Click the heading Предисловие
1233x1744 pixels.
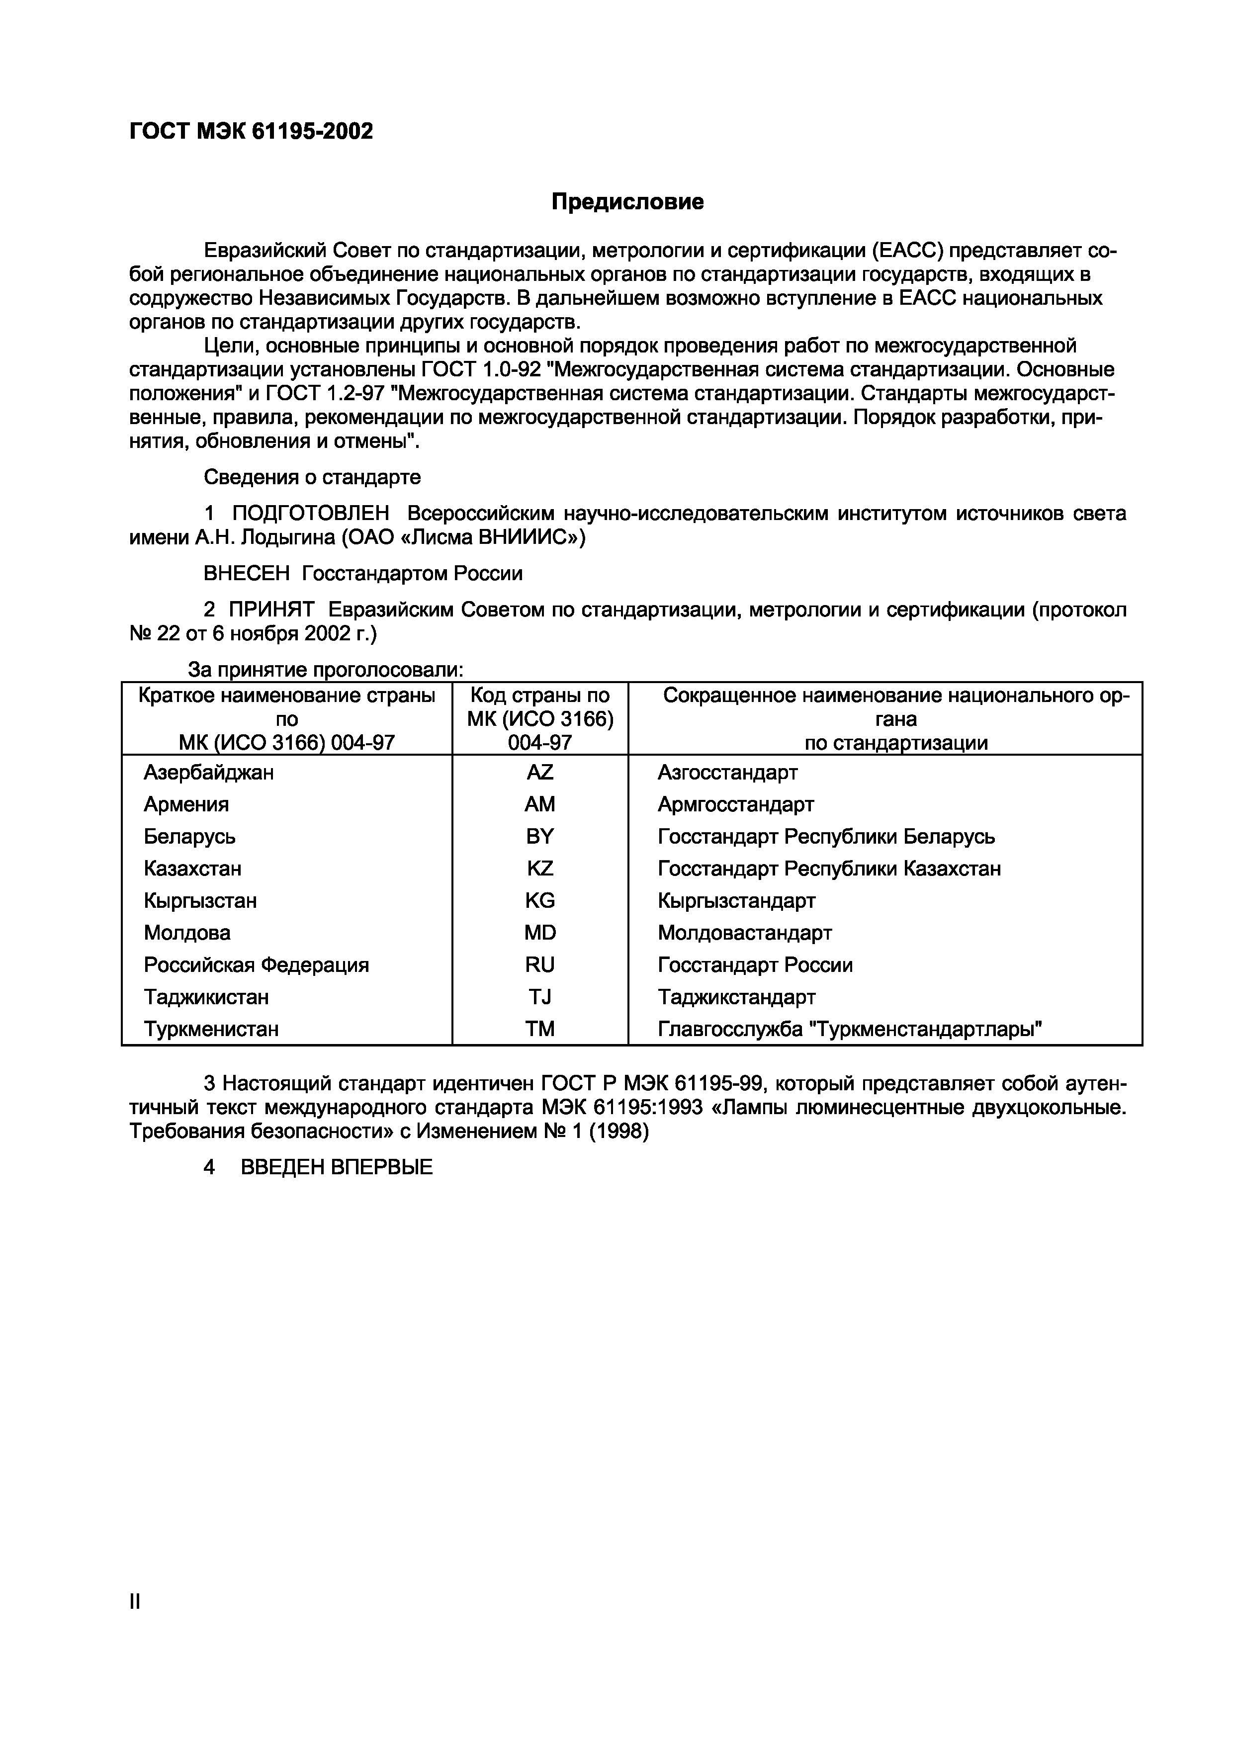coord(627,202)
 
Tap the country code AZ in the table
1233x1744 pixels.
coord(539,773)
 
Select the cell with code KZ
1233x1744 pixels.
coord(539,868)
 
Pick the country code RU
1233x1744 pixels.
coord(539,964)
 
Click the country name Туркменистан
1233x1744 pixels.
coord(211,1029)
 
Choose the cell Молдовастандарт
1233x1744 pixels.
coord(744,933)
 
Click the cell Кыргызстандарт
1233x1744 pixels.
coord(736,901)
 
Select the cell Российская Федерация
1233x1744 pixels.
coord(256,964)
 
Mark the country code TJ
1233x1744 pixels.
coord(539,997)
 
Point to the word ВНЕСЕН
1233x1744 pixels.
coord(247,574)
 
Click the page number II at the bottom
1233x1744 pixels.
coord(135,1602)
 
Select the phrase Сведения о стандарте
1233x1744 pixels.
coord(312,477)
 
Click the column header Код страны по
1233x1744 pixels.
coord(539,695)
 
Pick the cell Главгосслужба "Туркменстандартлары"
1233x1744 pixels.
coord(849,1029)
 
